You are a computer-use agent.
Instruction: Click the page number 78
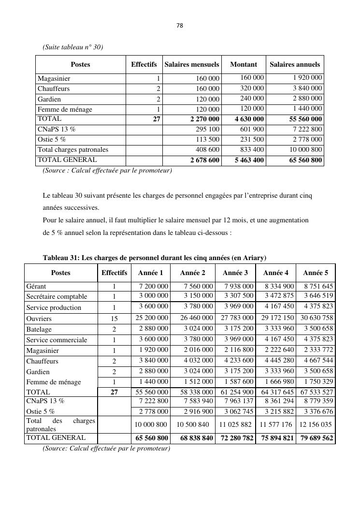(x=180, y=26)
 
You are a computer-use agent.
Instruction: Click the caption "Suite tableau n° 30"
(x=73, y=47)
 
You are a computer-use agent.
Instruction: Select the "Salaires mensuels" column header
(x=192, y=64)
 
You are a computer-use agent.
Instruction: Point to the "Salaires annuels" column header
(x=295, y=64)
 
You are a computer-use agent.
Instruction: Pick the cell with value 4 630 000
(x=249, y=119)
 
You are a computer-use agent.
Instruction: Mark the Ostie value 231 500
(x=252, y=139)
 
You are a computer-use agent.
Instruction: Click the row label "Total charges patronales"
(x=73, y=149)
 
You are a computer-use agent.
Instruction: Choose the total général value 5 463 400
(x=249, y=160)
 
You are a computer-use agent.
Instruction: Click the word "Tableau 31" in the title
(x=61, y=257)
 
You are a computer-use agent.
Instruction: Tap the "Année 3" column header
(x=235, y=273)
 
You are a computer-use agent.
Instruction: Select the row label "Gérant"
(x=36, y=286)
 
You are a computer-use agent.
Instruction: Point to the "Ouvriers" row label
(x=39, y=319)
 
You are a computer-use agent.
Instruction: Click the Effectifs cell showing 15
(x=115, y=319)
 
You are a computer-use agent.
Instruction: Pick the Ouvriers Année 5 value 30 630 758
(x=317, y=318)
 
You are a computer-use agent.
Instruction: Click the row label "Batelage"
(x=39, y=329)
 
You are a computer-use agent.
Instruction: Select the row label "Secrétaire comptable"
(x=57, y=296)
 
